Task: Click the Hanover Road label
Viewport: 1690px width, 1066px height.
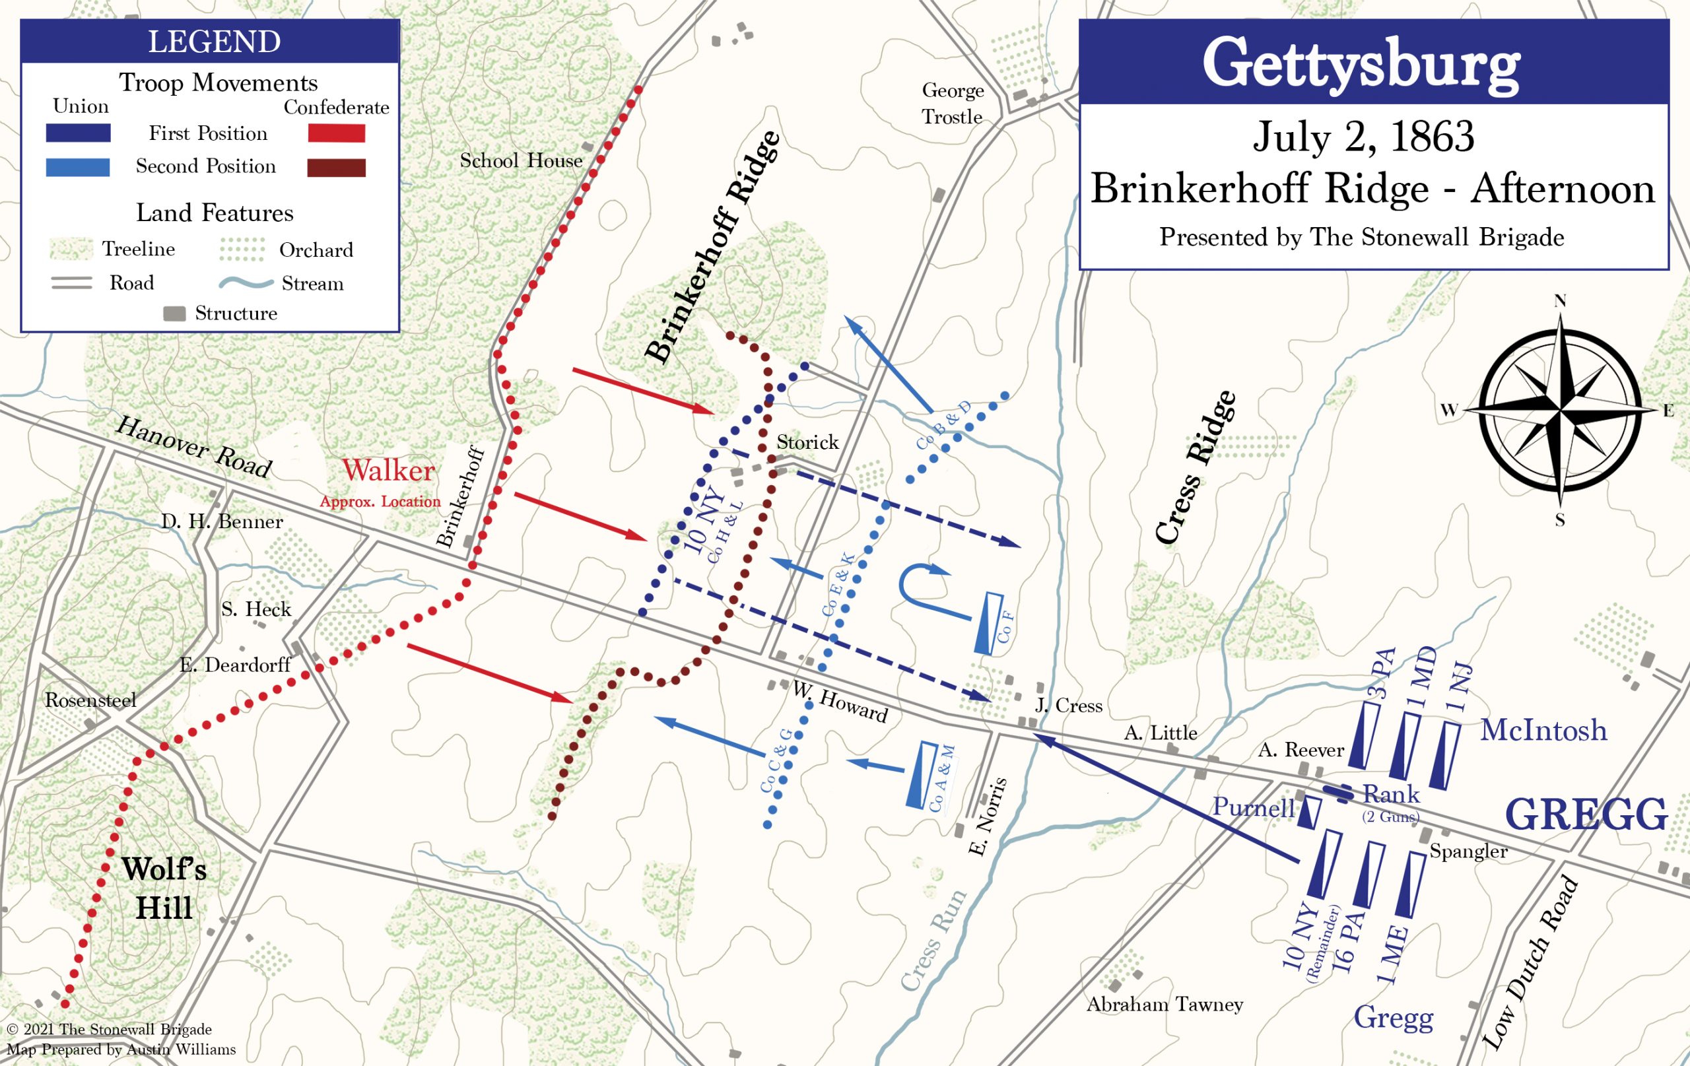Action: coord(193,446)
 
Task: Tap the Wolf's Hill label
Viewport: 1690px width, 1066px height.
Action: coord(164,888)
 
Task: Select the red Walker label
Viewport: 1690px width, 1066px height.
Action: coord(388,471)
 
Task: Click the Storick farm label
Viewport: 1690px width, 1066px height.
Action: coord(807,442)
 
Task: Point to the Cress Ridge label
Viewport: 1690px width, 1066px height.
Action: coord(1195,467)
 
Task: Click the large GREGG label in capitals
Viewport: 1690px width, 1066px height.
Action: coord(1586,814)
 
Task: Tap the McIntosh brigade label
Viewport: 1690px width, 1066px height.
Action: coord(1543,731)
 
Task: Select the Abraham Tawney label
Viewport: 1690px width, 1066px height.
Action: coord(1165,1004)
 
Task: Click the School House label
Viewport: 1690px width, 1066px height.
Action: coord(521,160)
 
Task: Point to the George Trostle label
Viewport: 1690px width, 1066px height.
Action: coord(953,103)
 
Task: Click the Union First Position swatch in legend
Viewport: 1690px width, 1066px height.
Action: coord(78,133)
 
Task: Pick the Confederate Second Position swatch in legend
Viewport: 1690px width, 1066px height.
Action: coord(336,168)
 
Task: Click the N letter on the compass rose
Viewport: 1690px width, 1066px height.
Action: coord(1560,301)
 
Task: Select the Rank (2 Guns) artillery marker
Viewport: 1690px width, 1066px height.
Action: coord(1337,793)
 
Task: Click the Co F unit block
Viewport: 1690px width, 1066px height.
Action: coord(989,623)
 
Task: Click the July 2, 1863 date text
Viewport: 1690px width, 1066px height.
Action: coord(1363,136)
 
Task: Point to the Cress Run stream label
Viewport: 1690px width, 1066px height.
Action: coord(933,941)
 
